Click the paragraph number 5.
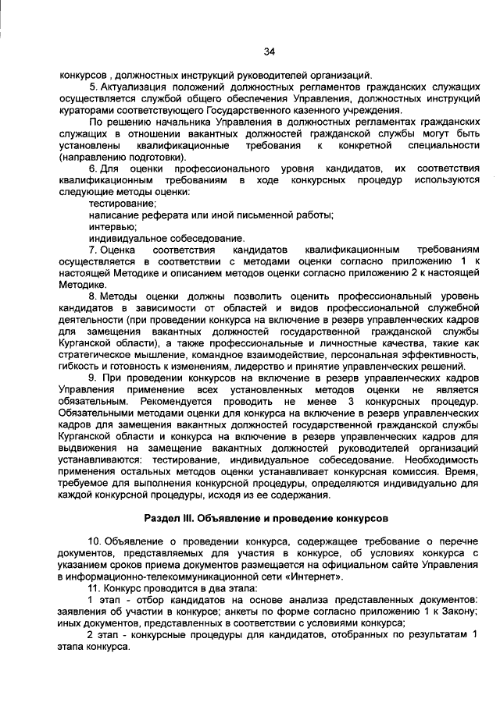click(x=92, y=87)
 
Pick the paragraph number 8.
click(x=92, y=297)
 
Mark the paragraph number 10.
click(x=95, y=542)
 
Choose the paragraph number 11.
click(x=95, y=588)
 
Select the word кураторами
click(x=87, y=110)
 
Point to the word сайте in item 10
click(x=402, y=565)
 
